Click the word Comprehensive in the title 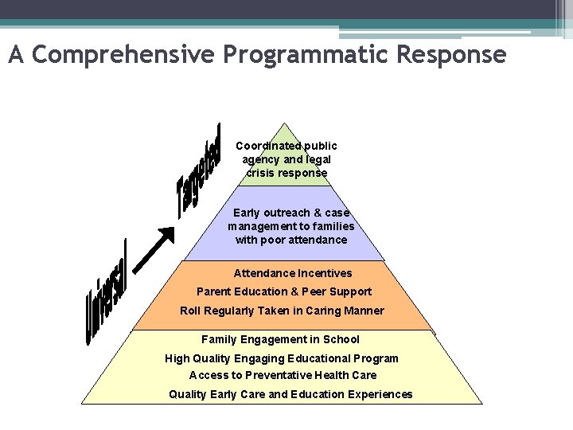click(124, 55)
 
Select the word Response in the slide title click(455, 55)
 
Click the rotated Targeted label click(199, 170)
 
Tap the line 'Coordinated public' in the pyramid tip click(286, 146)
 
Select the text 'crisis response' click(286, 173)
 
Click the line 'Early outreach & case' click(291, 213)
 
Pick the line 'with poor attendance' click(291, 240)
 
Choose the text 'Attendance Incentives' click(292, 273)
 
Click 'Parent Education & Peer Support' click(284, 291)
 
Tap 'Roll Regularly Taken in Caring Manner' click(282, 311)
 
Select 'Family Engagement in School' click(280, 339)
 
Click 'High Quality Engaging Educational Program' click(282, 358)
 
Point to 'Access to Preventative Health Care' click(283, 375)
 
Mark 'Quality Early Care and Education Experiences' click(290, 394)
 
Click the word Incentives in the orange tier click(325, 273)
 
